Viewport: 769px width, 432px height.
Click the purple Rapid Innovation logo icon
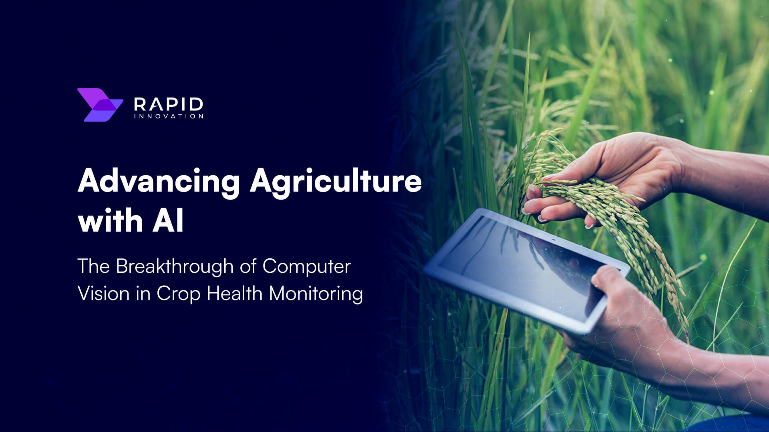(99, 105)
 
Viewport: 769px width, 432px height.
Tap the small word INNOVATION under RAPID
(168, 116)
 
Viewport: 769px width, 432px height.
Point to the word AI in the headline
(168, 221)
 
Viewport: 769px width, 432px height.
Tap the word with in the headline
(111, 221)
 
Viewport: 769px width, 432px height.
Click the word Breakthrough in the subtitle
(174, 266)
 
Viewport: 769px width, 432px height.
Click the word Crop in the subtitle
(178, 294)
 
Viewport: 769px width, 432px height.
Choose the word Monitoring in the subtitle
(316, 294)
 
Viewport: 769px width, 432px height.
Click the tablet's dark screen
(521, 264)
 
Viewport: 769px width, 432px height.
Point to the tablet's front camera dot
(554, 240)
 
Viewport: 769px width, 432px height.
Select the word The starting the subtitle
(93, 266)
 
